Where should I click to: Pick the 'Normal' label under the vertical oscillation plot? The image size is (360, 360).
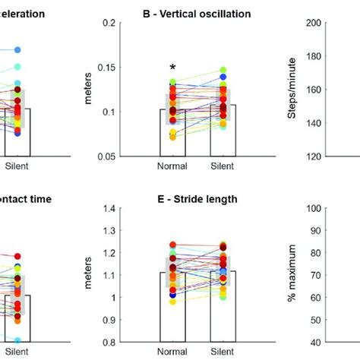click(172, 166)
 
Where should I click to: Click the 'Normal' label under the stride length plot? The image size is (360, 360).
click(172, 352)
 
